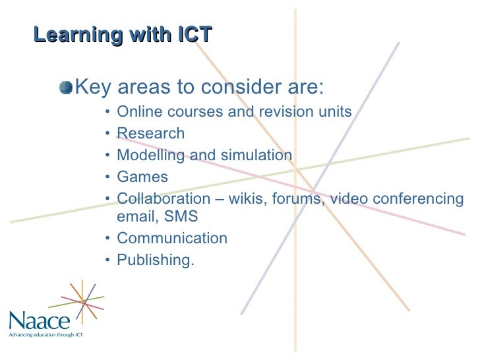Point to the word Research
pyautogui.click(x=150, y=134)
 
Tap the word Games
pyautogui.click(x=142, y=177)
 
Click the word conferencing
pyautogui.click(x=419, y=199)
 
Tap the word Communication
pyautogui.click(x=171, y=238)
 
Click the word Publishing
pyautogui.click(x=155, y=260)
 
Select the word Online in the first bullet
pyautogui.click(x=137, y=111)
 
